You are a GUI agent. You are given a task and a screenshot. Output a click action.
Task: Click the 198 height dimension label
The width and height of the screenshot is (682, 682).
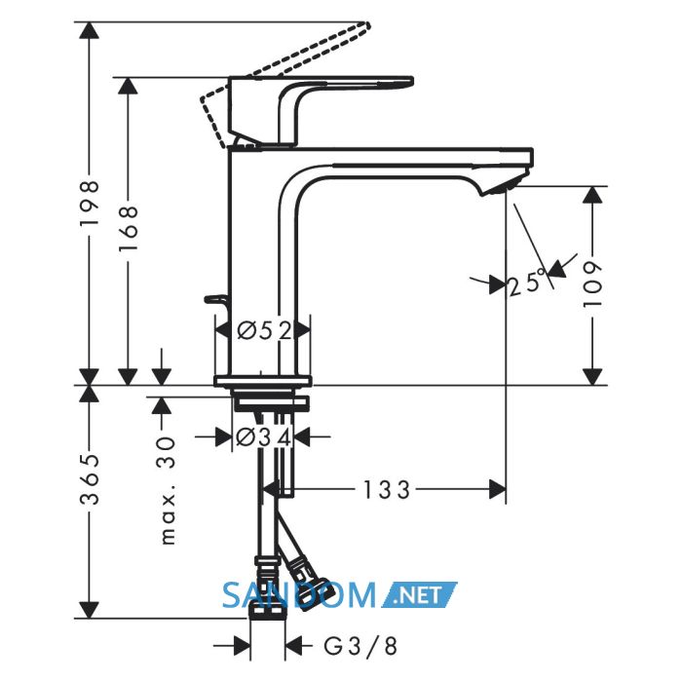pos(90,203)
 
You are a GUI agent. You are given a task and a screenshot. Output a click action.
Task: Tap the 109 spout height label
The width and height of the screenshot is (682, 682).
pos(592,284)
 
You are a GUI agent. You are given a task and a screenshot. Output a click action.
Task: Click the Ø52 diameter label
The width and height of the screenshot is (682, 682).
pos(264,331)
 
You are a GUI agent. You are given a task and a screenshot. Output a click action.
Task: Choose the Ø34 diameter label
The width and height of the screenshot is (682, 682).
pos(263,437)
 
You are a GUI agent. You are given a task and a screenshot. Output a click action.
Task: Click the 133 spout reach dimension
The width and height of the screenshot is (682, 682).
pos(386,490)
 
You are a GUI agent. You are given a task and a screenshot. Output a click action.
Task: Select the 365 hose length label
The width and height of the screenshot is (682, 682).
pos(90,479)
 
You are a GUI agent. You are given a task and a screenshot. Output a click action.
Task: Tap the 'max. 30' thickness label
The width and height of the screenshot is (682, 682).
pos(167,491)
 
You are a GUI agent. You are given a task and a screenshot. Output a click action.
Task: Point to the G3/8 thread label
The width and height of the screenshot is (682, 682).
pos(360,646)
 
